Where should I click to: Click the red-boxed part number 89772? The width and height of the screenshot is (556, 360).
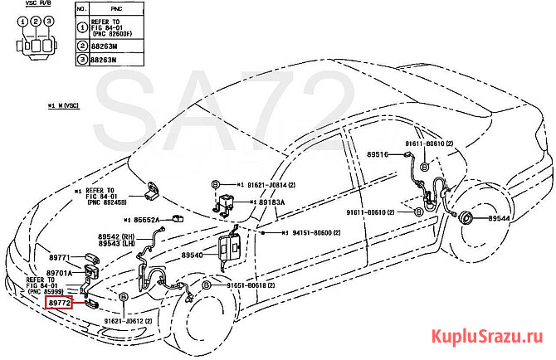point(59,304)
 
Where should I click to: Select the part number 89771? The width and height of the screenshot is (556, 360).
point(61,259)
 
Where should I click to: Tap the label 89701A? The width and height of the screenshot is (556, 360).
point(59,273)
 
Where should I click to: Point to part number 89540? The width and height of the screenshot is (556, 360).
point(193,255)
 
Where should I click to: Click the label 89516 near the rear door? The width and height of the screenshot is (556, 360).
point(378,155)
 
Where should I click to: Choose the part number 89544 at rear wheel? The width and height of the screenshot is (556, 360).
point(501,218)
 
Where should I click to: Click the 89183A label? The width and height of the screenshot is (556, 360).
point(271,202)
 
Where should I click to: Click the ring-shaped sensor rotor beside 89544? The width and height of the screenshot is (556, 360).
point(467,218)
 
